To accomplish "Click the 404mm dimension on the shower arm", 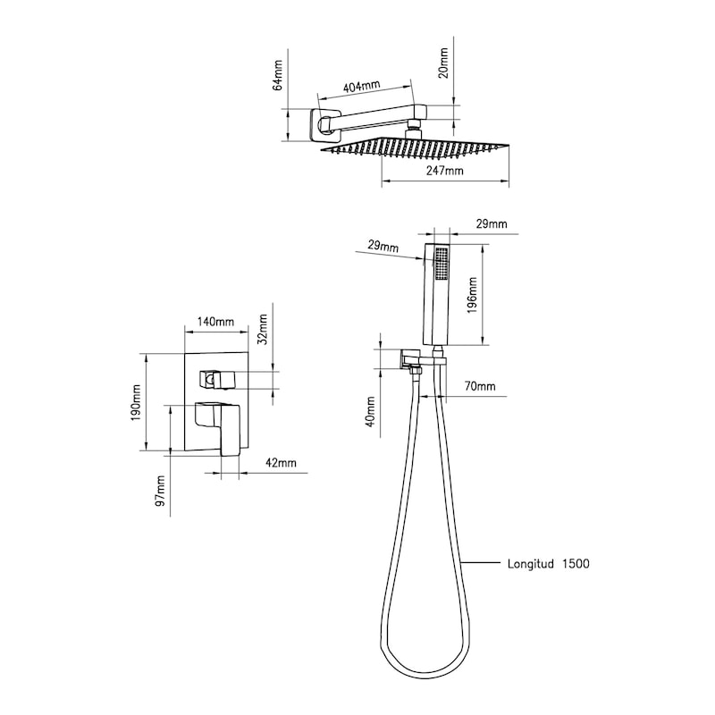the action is (361, 86).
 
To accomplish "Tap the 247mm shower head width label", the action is (444, 171).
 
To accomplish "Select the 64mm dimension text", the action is (278, 75).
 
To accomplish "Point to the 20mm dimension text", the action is (443, 63).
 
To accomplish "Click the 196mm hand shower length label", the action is (472, 295).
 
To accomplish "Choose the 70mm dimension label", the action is (480, 386).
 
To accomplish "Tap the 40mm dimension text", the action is (371, 411).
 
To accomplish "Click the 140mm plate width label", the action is (215, 322).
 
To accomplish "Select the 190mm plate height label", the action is (136, 403).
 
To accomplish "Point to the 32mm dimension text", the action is (262, 330).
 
